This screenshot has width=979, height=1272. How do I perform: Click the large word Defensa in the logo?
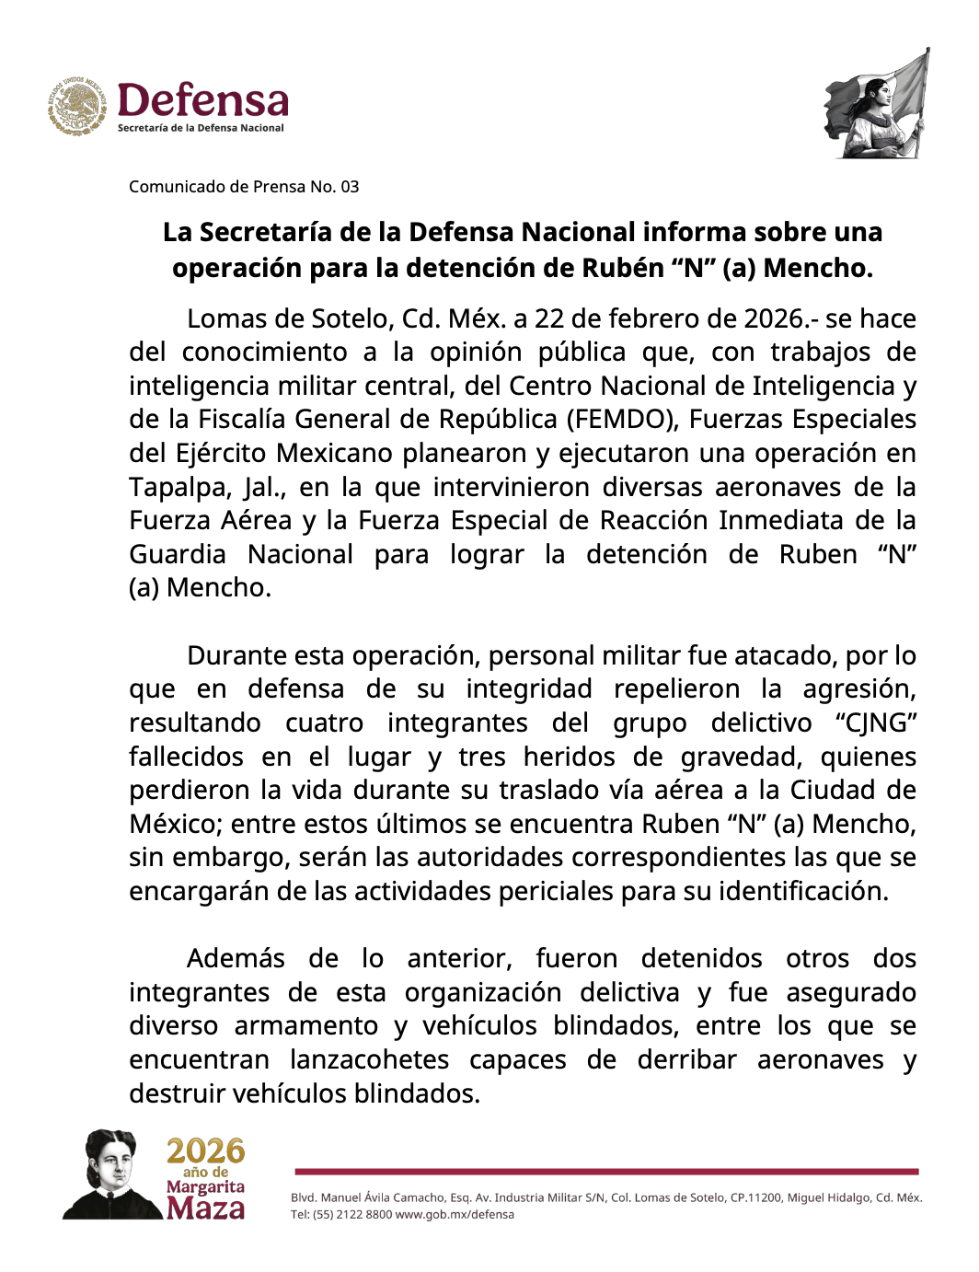click(x=202, y=100)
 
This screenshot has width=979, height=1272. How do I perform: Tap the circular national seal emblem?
click(x=78, y=107)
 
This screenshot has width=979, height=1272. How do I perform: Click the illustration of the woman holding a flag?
click(x=877, y=106)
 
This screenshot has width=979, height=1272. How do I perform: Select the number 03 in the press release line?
click(x=350, y=187)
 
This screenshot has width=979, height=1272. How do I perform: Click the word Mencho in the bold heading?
click(x=816, y=268)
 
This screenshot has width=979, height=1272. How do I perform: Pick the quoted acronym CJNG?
click(x=876, y=723)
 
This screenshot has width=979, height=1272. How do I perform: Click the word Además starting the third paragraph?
click(x=236, y=958)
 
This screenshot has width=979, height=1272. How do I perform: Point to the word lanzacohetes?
click(x=369, y=1059)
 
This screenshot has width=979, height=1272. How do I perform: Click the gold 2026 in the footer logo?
click(x=206, y=1151)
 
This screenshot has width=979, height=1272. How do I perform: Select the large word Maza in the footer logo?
click(x=206, y=1208)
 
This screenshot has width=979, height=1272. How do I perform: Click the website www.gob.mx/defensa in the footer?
click(x=455, y=1214)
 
